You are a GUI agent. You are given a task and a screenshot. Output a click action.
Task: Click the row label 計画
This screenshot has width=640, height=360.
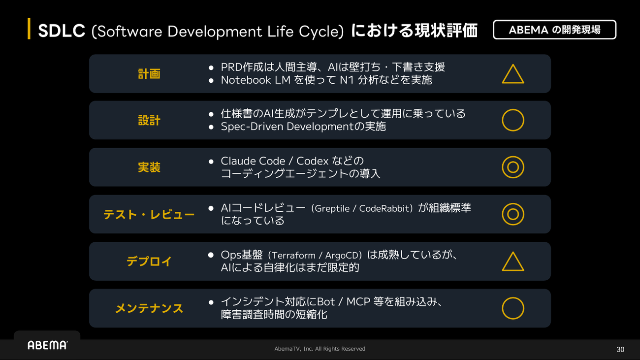click(149, 74)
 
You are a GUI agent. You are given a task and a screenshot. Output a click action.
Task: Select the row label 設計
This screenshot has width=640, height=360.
click(149, 120)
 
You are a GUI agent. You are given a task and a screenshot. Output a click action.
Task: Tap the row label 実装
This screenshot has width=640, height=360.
click(149, 167)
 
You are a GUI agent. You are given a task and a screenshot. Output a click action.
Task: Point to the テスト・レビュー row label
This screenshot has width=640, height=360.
click(149, 214)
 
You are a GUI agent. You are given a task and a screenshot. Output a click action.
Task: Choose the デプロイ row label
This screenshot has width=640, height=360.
click(149, 261)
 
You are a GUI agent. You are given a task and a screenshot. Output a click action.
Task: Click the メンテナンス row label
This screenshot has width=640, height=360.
click(149, 308)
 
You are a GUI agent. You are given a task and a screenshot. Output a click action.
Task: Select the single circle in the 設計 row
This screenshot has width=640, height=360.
click(502, 120)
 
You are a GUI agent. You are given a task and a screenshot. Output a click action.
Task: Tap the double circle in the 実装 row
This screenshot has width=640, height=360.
click(502, 167)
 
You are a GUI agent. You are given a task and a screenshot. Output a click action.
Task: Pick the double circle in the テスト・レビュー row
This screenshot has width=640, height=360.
click(502, 214)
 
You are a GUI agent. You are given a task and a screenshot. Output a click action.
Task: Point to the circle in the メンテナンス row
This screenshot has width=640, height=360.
click(502, 308)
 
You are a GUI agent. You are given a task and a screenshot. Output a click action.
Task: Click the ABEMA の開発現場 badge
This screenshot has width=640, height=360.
click(554, 30)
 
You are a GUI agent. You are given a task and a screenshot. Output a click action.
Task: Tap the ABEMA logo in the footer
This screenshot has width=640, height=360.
click(47, 345)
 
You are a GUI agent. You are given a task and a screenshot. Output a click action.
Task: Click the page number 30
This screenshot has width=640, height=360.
click(620, 350)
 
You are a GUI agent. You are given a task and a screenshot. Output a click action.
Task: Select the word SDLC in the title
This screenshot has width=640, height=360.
click(62, 31)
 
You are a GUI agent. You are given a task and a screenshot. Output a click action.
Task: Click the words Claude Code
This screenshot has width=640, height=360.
click(253, 161)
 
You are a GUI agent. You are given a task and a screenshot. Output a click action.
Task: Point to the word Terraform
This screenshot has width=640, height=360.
click(294, 255)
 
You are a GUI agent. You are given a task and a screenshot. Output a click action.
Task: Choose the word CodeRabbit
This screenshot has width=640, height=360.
click(384, 208)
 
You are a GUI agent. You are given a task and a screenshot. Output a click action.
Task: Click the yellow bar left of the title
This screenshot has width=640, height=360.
click(29, 29)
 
